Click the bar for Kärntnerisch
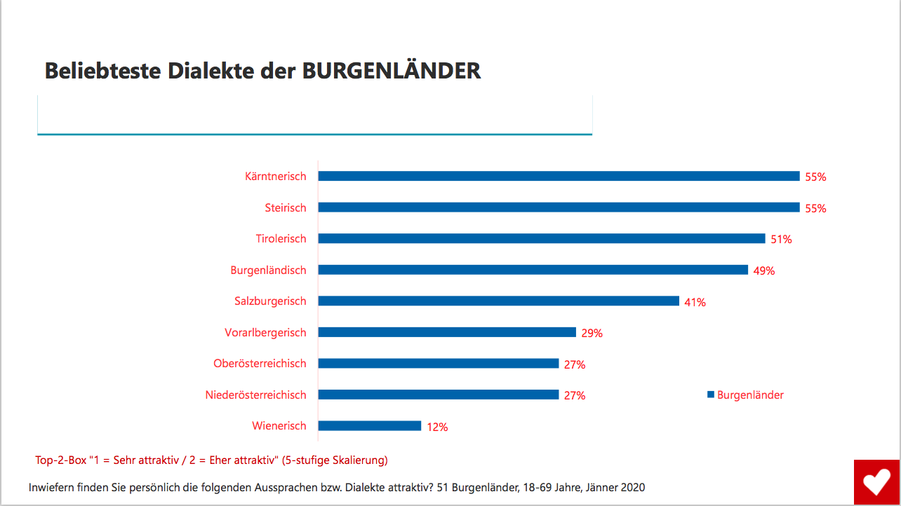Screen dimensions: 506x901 (559, 177)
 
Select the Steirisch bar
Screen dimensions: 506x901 (559, 207)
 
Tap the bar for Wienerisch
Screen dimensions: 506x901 (369, 426)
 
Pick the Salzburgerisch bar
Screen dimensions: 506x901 (498, 301)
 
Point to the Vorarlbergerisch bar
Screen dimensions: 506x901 (447, 332)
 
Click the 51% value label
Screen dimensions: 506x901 (781, 240)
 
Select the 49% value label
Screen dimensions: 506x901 (764, 271)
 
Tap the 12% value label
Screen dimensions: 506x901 (437, 427)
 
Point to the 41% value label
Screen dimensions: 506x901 (695, 302)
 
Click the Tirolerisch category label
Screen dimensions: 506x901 (281, 239)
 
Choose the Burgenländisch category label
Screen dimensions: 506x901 (268, 270)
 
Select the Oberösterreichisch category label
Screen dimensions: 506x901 (260, 364)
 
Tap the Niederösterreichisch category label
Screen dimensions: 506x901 (255, 395)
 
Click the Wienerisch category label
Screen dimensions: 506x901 (279, 426)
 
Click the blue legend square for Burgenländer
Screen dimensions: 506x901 (711, 395)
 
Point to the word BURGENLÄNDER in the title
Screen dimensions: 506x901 (392, 71)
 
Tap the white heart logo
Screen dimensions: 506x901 (876, 482)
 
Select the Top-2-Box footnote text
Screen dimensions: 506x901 (211, 460)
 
